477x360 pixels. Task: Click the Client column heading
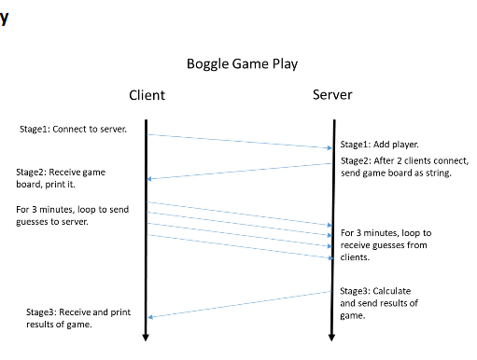click(147, 95)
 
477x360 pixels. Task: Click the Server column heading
click(331, 95)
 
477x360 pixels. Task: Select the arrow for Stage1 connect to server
click(239, 141)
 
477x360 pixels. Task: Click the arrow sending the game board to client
click(239, 170)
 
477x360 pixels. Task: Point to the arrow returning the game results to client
click(239, 304)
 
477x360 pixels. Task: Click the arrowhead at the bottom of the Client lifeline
click(147, 337)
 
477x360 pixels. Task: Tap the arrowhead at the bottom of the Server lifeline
click(331, 337)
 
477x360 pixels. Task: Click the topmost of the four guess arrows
click(239, 214)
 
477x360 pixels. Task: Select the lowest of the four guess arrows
click(239, 246)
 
